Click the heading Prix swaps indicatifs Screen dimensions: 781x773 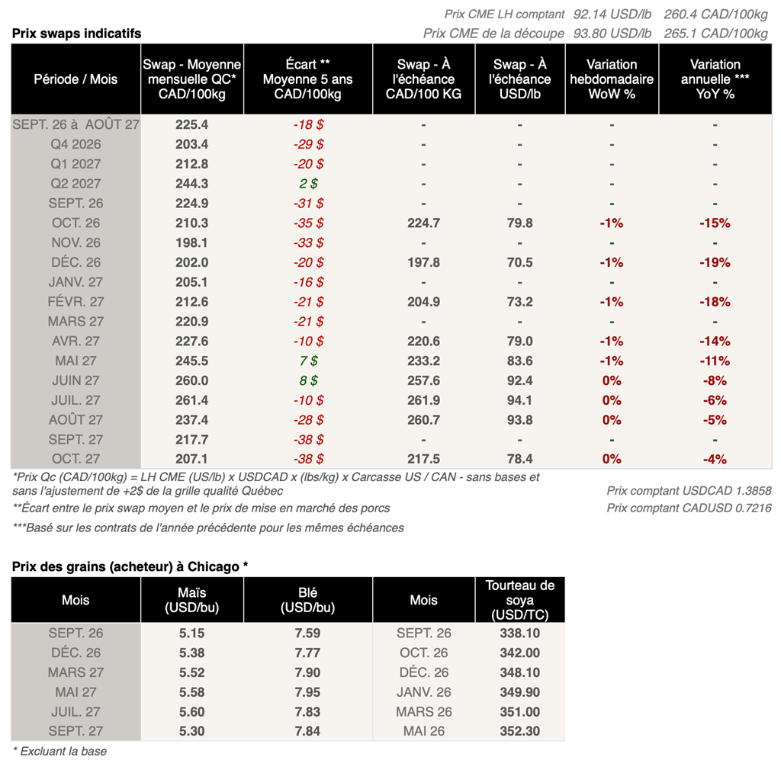(77, 34)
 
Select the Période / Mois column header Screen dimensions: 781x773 (76, 79)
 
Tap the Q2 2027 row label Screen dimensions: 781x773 (76, 184)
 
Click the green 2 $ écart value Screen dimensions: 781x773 (308, 184)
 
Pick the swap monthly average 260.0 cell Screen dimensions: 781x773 (191, 380)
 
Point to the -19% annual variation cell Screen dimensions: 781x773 (715, 262)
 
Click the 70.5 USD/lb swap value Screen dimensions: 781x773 (519, 262)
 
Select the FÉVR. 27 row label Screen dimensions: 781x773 (76, 302)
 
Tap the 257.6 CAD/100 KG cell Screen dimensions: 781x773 (423, 380)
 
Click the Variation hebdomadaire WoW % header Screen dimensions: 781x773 (612, 79)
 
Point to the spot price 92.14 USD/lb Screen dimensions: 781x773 (612, 14)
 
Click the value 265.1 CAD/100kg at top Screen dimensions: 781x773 (715, 34)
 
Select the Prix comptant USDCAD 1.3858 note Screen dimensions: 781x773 (689, 491)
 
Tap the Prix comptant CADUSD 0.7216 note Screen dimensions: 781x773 (689, 508)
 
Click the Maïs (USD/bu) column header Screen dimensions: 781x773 (191, 600)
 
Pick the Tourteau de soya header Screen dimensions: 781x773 (520, 600)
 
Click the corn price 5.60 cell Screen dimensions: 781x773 (191, 712)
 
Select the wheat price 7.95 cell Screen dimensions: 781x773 (307, 692)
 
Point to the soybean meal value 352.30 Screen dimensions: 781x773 (520, 731)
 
